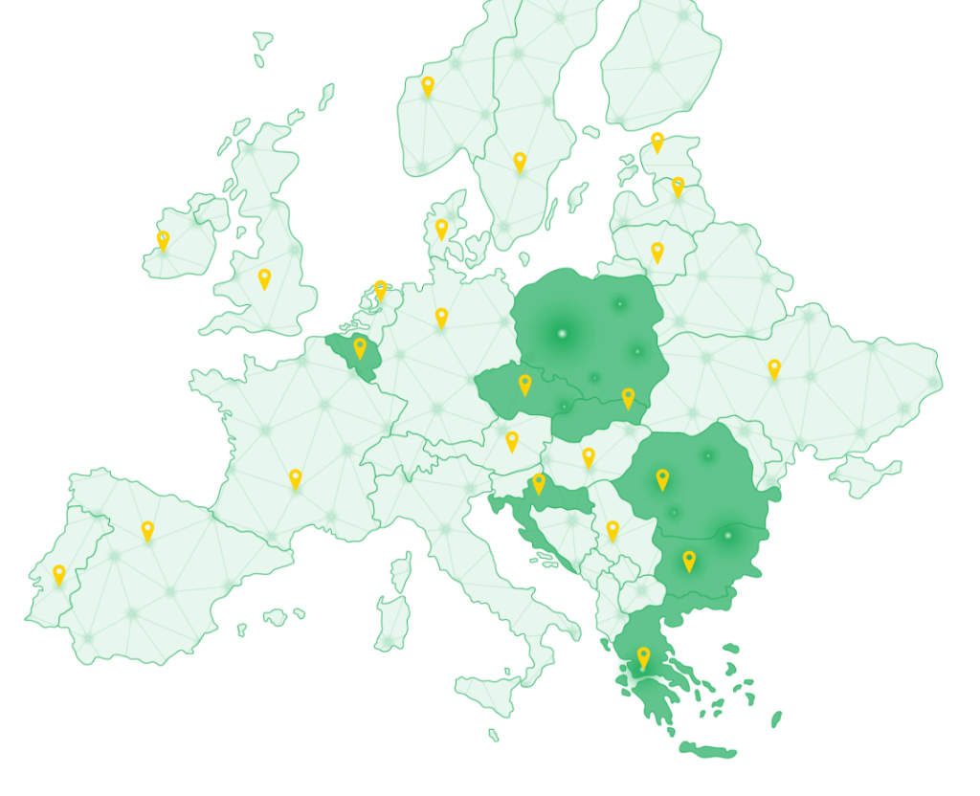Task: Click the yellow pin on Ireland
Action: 163,240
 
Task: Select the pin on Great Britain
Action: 264,278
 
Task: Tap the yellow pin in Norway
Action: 428,86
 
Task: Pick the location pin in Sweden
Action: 520,162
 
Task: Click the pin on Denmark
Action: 441,230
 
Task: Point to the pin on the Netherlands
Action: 380,289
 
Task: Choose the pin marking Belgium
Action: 360,347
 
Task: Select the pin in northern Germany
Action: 441,317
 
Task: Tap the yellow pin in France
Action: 296,478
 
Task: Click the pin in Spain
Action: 147,530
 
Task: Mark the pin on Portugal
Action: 59,574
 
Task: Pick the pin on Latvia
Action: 678,187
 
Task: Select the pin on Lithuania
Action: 657,252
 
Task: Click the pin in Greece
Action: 643,656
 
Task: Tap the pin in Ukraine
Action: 774,368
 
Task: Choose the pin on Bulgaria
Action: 689,561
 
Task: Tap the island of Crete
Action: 708,752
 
